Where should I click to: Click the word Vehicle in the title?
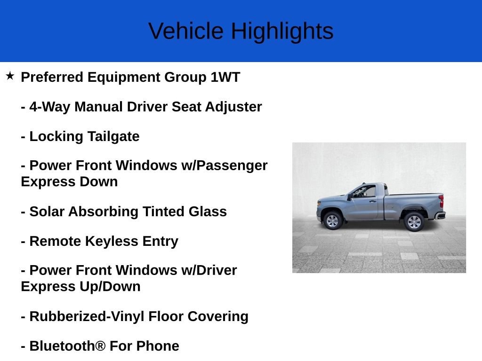pos(186,31)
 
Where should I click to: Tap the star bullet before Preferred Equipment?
pos(10,76)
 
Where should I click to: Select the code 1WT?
pos(225,77)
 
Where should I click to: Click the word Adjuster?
pos(233,107)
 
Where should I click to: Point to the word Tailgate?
pos(113,137)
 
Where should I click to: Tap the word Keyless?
pos(112,242)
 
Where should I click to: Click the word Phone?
pos(158,346)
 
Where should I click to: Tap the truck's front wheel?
pos(332,221)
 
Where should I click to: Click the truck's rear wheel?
pos(414,222)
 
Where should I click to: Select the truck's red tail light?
pos(442,201)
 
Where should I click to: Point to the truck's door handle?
pos(373,201)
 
